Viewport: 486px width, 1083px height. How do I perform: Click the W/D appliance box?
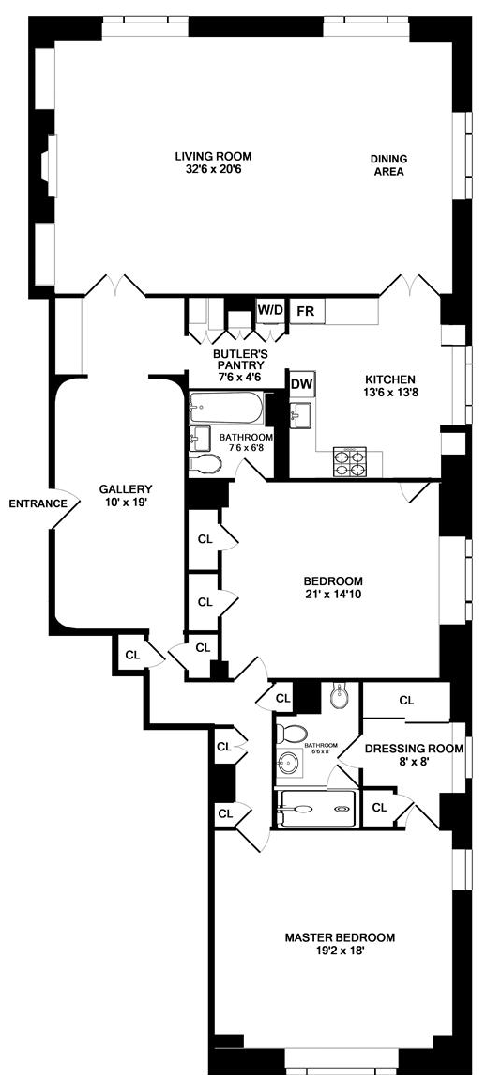pos(270,310)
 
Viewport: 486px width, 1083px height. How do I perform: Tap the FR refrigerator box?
pos(305,311)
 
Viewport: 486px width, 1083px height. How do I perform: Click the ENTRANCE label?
pos(38,503)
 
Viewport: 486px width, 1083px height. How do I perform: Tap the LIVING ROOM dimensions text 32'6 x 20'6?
pos(213,168)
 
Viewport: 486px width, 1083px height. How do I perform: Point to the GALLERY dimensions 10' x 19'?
pos(125,503)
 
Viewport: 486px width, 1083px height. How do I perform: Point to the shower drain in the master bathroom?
pos(341,809)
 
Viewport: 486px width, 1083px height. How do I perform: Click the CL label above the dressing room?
pos(406,701)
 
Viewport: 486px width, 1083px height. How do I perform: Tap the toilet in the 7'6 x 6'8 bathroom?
pos(205,465)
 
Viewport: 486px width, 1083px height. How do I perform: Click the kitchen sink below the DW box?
pos(302,416)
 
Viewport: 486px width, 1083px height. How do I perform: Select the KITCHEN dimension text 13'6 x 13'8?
pos(389,391)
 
